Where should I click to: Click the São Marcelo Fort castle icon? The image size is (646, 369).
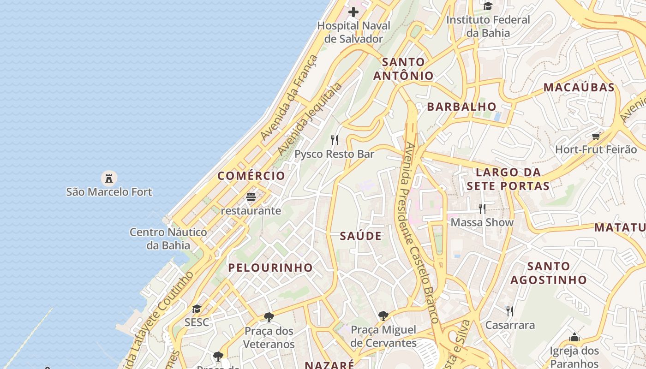[109, 178]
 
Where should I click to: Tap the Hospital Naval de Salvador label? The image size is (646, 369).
[353, 32]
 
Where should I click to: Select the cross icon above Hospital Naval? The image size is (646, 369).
[353, 12]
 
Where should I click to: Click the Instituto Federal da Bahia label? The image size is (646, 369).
[488, 26]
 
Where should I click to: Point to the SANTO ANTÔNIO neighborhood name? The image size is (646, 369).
[403, 69]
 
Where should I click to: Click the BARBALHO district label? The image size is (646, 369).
[461, 107]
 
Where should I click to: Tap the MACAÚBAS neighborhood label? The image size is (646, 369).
[579, 87]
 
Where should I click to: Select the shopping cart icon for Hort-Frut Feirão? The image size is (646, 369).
[596, 136]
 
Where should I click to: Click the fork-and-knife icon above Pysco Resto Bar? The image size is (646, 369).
[335, 140]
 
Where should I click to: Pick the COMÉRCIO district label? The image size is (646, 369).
[251, 176]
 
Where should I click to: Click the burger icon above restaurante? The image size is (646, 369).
[251, 197]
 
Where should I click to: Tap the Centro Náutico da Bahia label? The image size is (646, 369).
[168, 238]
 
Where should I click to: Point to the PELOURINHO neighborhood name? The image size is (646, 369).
[270, 268]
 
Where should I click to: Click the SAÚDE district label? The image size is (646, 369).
[361, 236]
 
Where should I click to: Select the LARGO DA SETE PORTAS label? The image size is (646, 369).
[508, 179]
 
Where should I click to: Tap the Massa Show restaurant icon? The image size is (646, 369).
[482, 209]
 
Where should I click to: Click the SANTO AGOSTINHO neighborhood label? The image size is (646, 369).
[548, 273]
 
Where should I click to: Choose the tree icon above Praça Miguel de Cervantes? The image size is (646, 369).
[383, 316]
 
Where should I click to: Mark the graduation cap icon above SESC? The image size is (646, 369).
[197, 309]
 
